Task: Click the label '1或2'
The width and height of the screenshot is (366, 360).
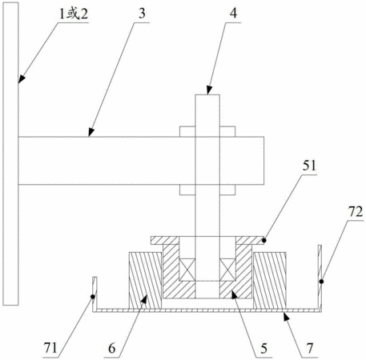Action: (x=74, y=14)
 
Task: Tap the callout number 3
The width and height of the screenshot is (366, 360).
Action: (x=142, y=14)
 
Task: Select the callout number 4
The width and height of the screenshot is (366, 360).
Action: (x=233, y=13)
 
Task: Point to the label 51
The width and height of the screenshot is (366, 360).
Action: (x=309, y=166)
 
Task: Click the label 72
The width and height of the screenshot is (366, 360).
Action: (x=356, y=211)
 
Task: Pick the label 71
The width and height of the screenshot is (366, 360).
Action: (x=50, y=348)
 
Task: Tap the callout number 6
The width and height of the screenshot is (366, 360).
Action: (x=112, y=348)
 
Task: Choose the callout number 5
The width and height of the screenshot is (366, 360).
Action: (x=263, y=348)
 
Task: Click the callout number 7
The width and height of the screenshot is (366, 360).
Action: (x=310, y=348)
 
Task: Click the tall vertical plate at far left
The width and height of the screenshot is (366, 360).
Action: (x=10, y=154)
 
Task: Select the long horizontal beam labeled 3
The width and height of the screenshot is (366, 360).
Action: (x=141, y=161)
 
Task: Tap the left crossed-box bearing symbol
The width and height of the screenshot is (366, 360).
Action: (x=187, y=270)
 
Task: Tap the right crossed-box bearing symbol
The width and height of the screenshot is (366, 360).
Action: (x=227, y=270)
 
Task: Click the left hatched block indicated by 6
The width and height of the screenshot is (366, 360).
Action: (x=145, y=281)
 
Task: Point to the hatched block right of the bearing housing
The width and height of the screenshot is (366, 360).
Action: (x=270, y=281)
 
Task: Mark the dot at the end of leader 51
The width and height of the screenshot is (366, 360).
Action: (x=264, y=241)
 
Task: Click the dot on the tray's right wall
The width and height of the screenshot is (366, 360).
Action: (x=321, y=282)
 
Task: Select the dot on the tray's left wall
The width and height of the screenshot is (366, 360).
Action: (x=93, y=297)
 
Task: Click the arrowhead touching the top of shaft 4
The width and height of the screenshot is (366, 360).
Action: (x=209, y=90)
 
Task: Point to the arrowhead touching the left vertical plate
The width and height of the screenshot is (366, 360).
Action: (x=21, y=78)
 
